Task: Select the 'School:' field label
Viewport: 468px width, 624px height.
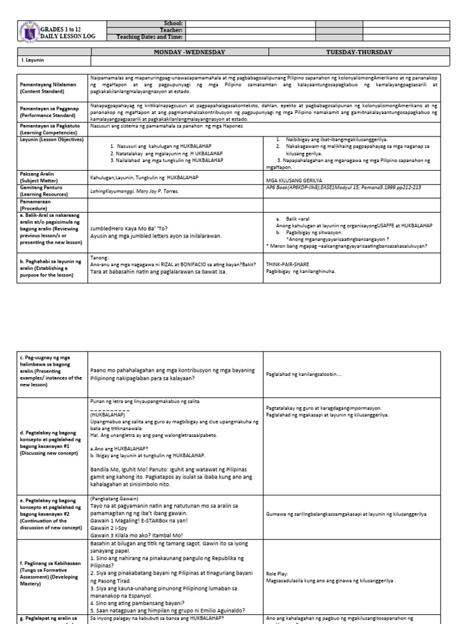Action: [174, 23]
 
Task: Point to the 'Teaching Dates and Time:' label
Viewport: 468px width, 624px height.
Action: [150, 37]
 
